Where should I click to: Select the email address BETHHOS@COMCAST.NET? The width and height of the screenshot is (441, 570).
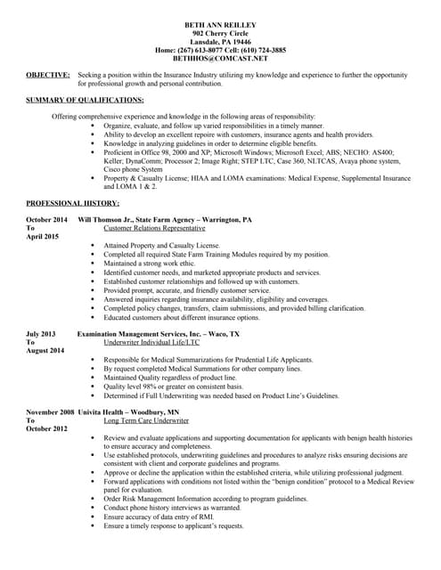[x=220, y=59]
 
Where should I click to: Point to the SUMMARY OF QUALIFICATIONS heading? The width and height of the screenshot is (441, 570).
[x=85, y=100]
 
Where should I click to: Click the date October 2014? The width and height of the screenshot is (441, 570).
[x=46, y=219]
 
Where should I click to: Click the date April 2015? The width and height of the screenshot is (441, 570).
[x=42, y=237]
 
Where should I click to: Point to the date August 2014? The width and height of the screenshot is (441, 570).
[x=45, y=351]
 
